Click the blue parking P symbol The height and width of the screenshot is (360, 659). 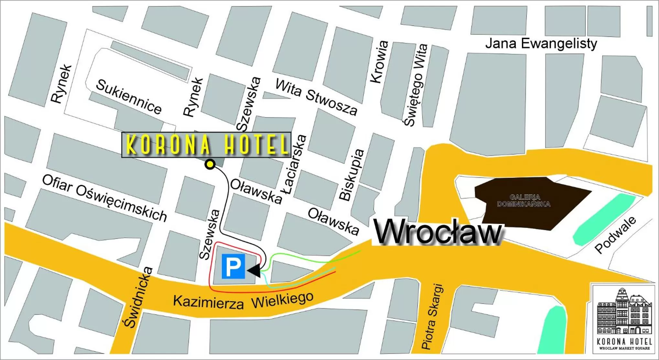233,266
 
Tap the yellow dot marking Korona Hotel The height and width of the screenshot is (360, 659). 210,164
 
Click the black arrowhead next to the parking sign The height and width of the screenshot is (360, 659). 254,270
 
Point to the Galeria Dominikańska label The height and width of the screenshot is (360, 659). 523,201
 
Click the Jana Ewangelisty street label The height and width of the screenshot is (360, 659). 541,44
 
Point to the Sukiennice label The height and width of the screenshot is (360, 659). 129,97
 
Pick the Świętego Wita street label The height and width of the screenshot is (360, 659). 416,85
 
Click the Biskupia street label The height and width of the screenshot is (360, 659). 351,175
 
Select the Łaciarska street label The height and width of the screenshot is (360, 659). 295,164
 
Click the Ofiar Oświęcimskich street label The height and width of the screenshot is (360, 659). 104,198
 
